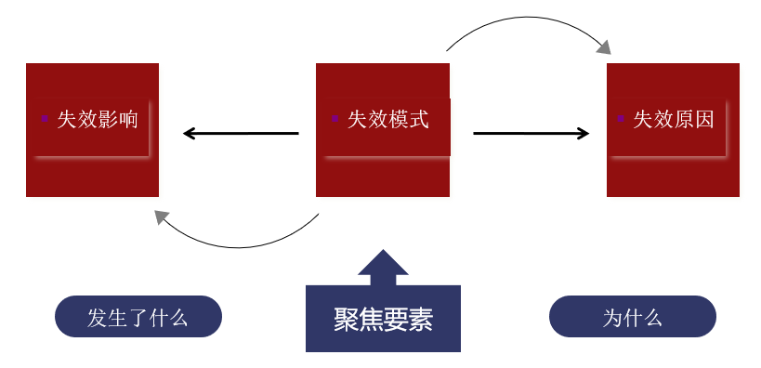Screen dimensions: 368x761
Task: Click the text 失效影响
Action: click(x=98, y=119)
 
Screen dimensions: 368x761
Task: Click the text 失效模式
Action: click(x=388, y=119)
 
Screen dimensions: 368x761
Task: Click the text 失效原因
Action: click(x=674, y=119)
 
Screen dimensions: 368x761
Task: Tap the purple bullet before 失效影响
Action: click(x=44, y=118)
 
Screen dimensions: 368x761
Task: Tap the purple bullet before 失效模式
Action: click(x=335, y=118)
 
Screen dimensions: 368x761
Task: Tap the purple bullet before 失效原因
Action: click(x=621, y=118)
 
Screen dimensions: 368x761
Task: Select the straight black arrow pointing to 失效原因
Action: click(x=531, y=133)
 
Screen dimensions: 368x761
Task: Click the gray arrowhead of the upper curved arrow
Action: click(x=604, y=46)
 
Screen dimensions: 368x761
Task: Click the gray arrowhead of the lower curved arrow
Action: click(x=162, y=217)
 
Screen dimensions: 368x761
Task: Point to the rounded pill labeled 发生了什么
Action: click(x=138, y=317)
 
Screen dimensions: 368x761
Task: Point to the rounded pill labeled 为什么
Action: click(x=632, y=317)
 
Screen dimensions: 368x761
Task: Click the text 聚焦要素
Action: click(x=383, y=319)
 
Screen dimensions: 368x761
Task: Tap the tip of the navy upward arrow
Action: click(x=383, y=251)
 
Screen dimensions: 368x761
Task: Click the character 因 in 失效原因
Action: click(x=703, y=119)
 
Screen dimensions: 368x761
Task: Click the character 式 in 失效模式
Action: click(x=419, y=119)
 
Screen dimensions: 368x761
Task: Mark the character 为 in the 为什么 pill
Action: click(x=611, y=317)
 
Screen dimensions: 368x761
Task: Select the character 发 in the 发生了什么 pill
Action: click(x=98, y=317)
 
